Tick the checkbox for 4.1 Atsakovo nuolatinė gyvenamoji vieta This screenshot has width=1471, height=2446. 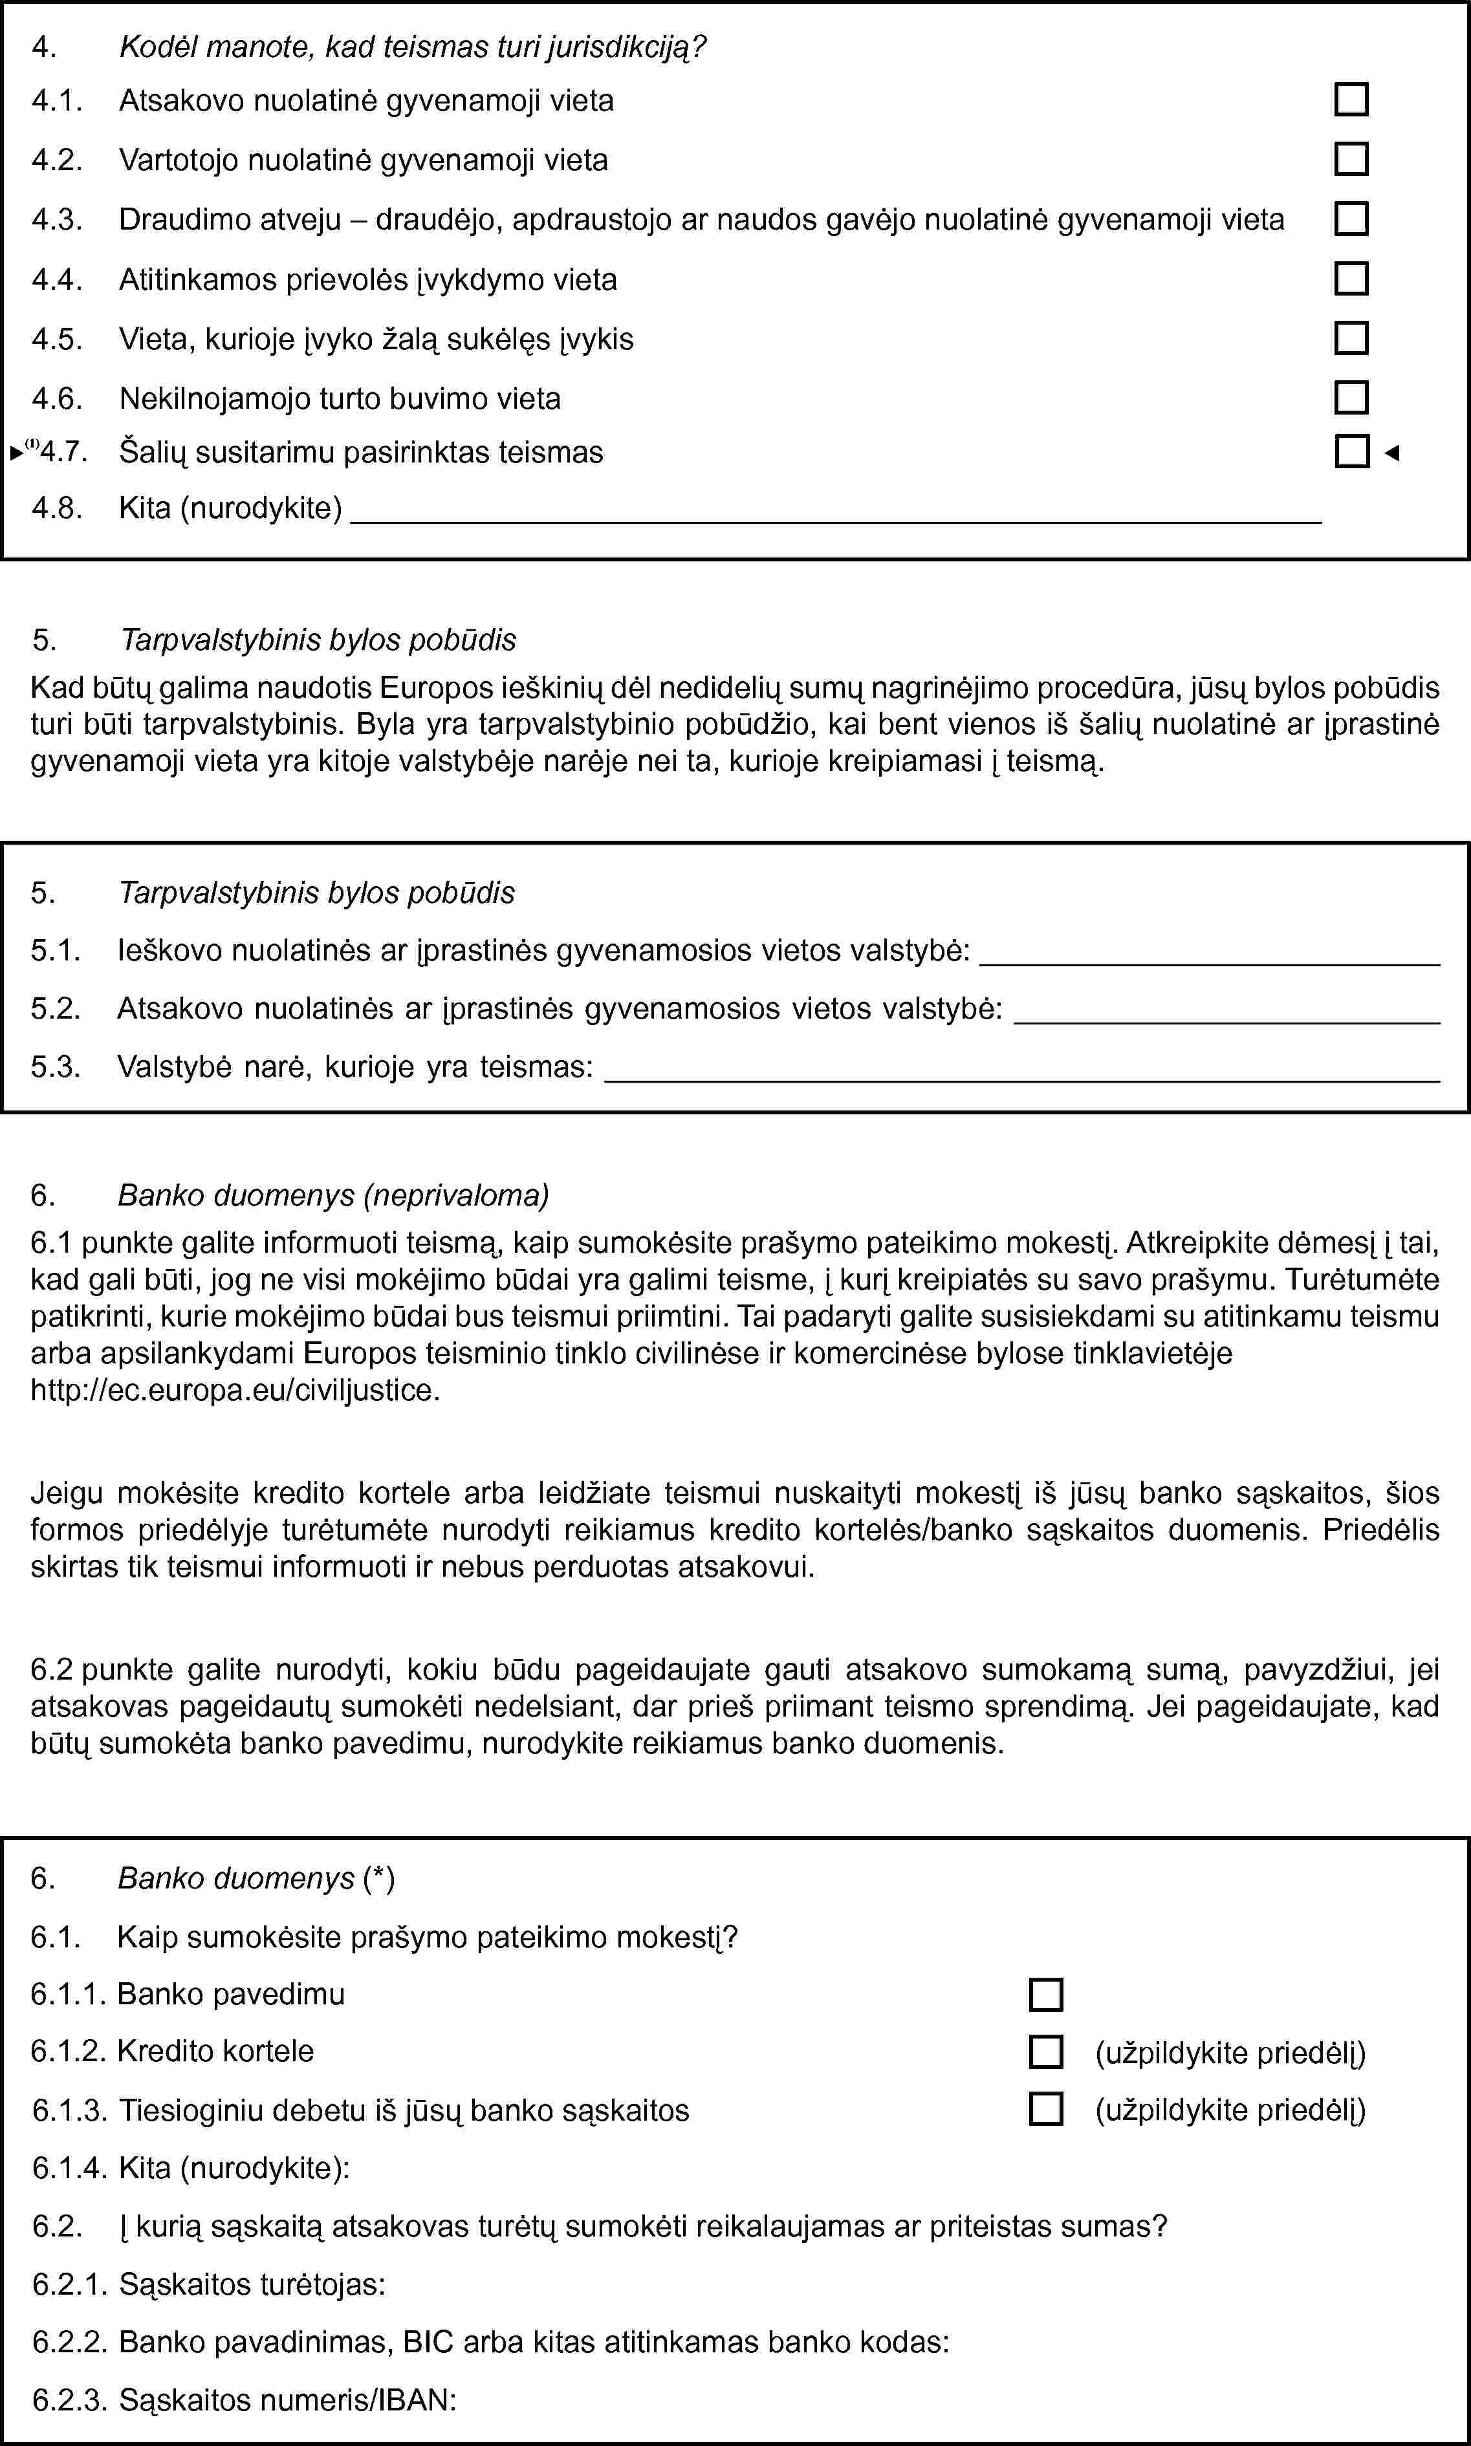[1351, 100]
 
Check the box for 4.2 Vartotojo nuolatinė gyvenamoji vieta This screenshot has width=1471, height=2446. [1351, 160]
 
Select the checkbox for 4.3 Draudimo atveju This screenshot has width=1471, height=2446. [1351, 219]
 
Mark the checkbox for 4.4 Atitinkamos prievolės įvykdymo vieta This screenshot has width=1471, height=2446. [1351, 279]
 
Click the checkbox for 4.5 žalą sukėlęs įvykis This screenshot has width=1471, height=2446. [1351, 338]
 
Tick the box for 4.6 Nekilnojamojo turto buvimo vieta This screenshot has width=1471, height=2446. [1351, 397]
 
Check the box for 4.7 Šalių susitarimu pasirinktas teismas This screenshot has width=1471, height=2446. [1351, 452]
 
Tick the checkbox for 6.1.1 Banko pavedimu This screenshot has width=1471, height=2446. [1046, 1994]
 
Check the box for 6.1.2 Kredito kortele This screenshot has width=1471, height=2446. [1046, 2051]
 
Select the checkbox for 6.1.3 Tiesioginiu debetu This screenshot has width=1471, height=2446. [1046, 2109]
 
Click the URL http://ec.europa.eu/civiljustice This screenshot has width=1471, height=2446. [235, 1391]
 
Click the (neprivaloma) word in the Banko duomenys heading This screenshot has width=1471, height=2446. [457, 1195]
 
